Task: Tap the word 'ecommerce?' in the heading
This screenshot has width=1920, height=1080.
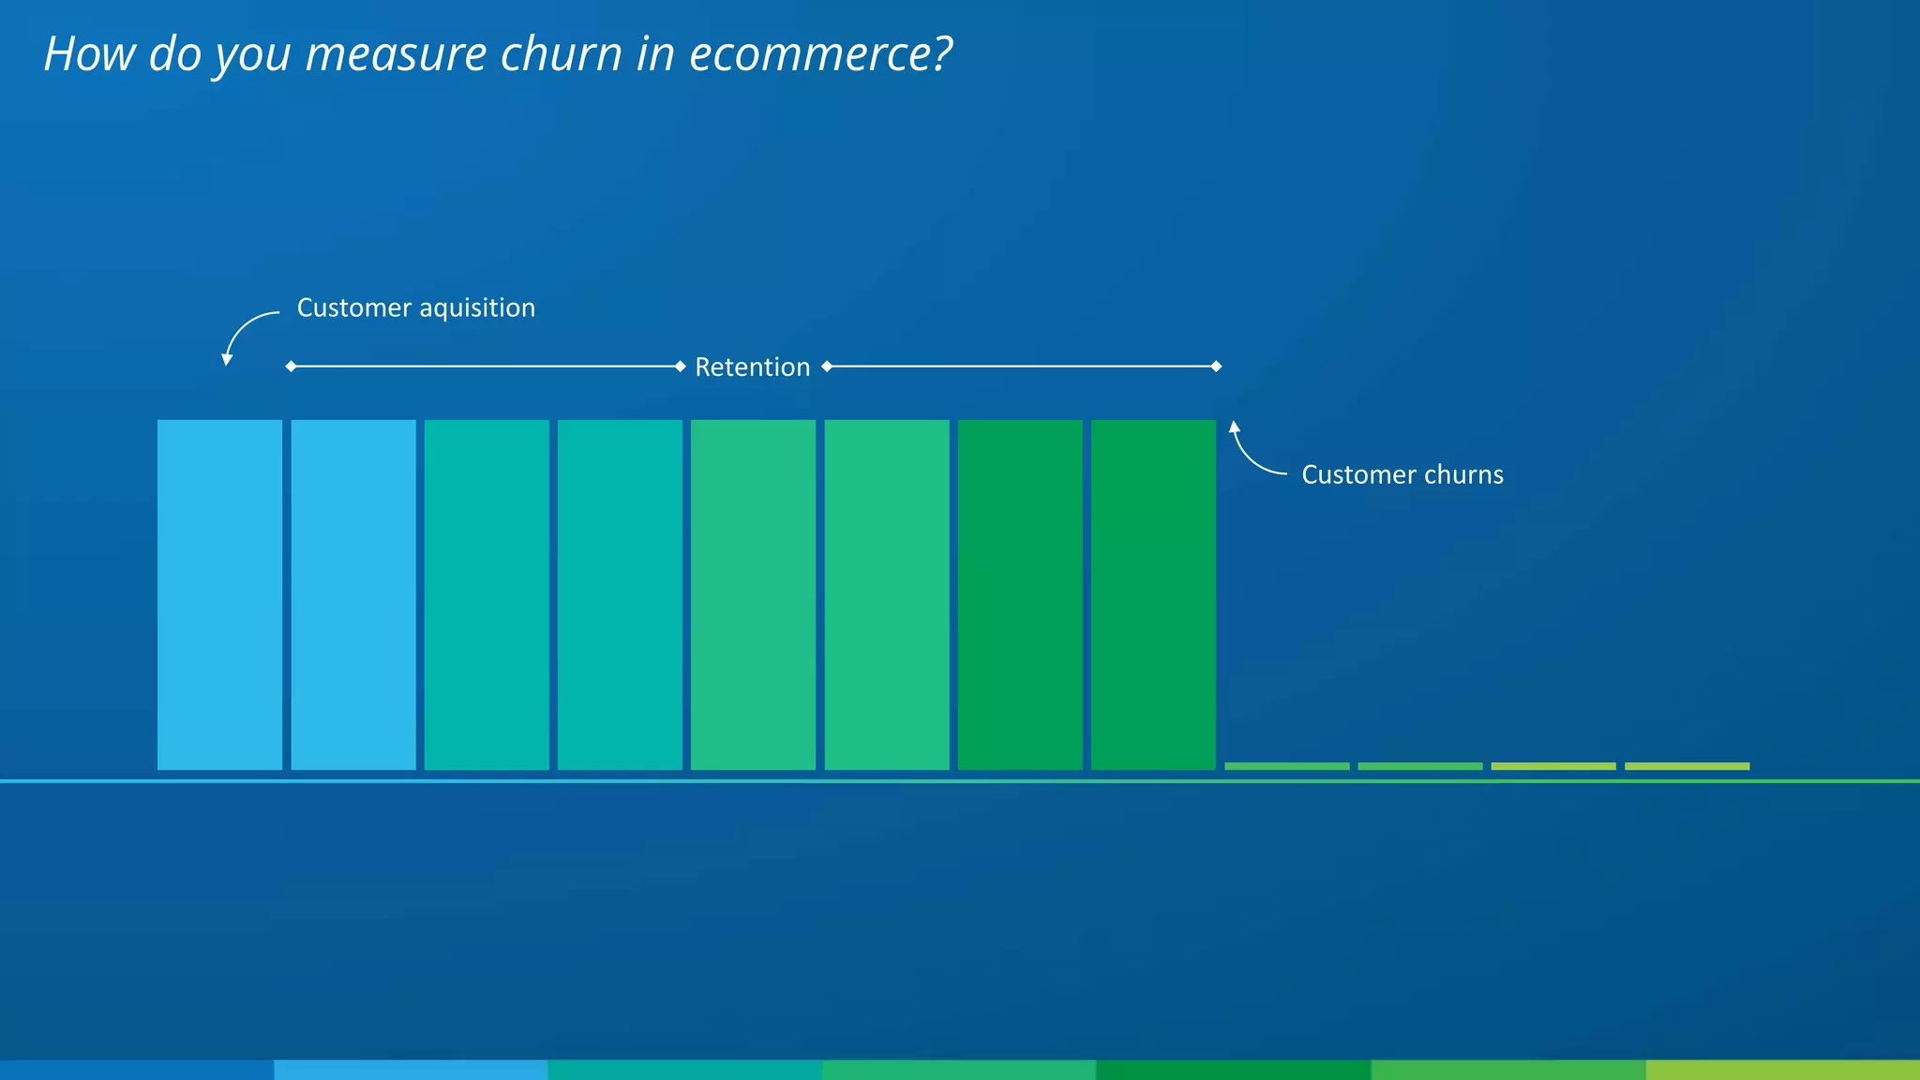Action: click(x=820, y=54)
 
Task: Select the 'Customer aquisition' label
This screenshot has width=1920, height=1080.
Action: click(x=415, y=308)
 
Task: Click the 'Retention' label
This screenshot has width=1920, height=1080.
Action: click(x=752, y=367)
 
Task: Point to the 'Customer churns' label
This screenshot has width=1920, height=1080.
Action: click(x=1402, y=475)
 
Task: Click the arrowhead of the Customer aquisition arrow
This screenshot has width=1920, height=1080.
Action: click(x=227, y=360)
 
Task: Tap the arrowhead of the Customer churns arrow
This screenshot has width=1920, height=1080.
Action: click(x=1235, y=427)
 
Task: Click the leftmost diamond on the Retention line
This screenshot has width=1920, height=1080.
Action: click(x=291, y=367)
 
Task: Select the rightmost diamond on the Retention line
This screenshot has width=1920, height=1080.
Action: click(x=1216, y=367)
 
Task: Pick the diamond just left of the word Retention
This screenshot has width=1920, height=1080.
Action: click(x=681, y=367)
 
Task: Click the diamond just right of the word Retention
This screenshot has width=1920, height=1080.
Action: click(x=827, y=367)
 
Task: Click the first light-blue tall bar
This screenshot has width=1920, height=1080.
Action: click(x=219, y=594)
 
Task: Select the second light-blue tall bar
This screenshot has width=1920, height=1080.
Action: click(x=353, y=594)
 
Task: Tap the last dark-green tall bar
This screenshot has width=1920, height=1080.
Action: click(x=1153, y=594)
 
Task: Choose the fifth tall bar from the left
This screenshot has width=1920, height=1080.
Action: click(x=753, y=594)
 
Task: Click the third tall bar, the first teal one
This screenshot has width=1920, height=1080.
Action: click(x=487, y=594)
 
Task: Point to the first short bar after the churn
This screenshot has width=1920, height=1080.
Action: click(x=1286, y=767)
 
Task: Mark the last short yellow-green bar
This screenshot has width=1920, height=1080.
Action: click(x=1687, y=767)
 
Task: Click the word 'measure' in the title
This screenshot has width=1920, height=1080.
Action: click(x=397, y=54)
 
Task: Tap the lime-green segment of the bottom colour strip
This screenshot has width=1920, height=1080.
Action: click(x=1782, y=1070)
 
